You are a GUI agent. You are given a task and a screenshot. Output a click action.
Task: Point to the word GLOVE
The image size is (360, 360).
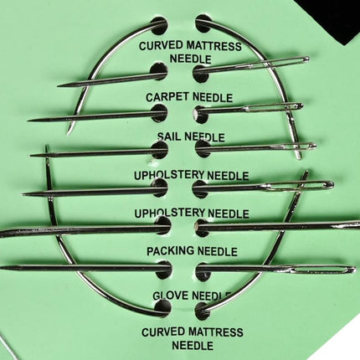pyautogui.click(x=171, y=296)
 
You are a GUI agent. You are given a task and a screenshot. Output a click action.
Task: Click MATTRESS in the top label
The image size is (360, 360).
pyautogui.click(x=213, y=45)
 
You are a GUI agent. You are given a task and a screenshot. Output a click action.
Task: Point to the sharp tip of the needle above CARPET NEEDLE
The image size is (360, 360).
pyautogui.click(x=58, y=85)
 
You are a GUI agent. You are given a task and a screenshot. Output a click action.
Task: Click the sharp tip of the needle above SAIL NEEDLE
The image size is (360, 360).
pyautogui.click(x=28, y=121)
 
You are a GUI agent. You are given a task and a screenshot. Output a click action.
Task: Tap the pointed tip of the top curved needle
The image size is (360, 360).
pyautogui.click(x=68, y=135)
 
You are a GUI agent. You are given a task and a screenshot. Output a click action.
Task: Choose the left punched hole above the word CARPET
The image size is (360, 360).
pyautogui.click(x=159, y=71)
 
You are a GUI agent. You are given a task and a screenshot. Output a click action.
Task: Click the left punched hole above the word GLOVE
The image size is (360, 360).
pyautogui.click(x=164, y=270)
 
